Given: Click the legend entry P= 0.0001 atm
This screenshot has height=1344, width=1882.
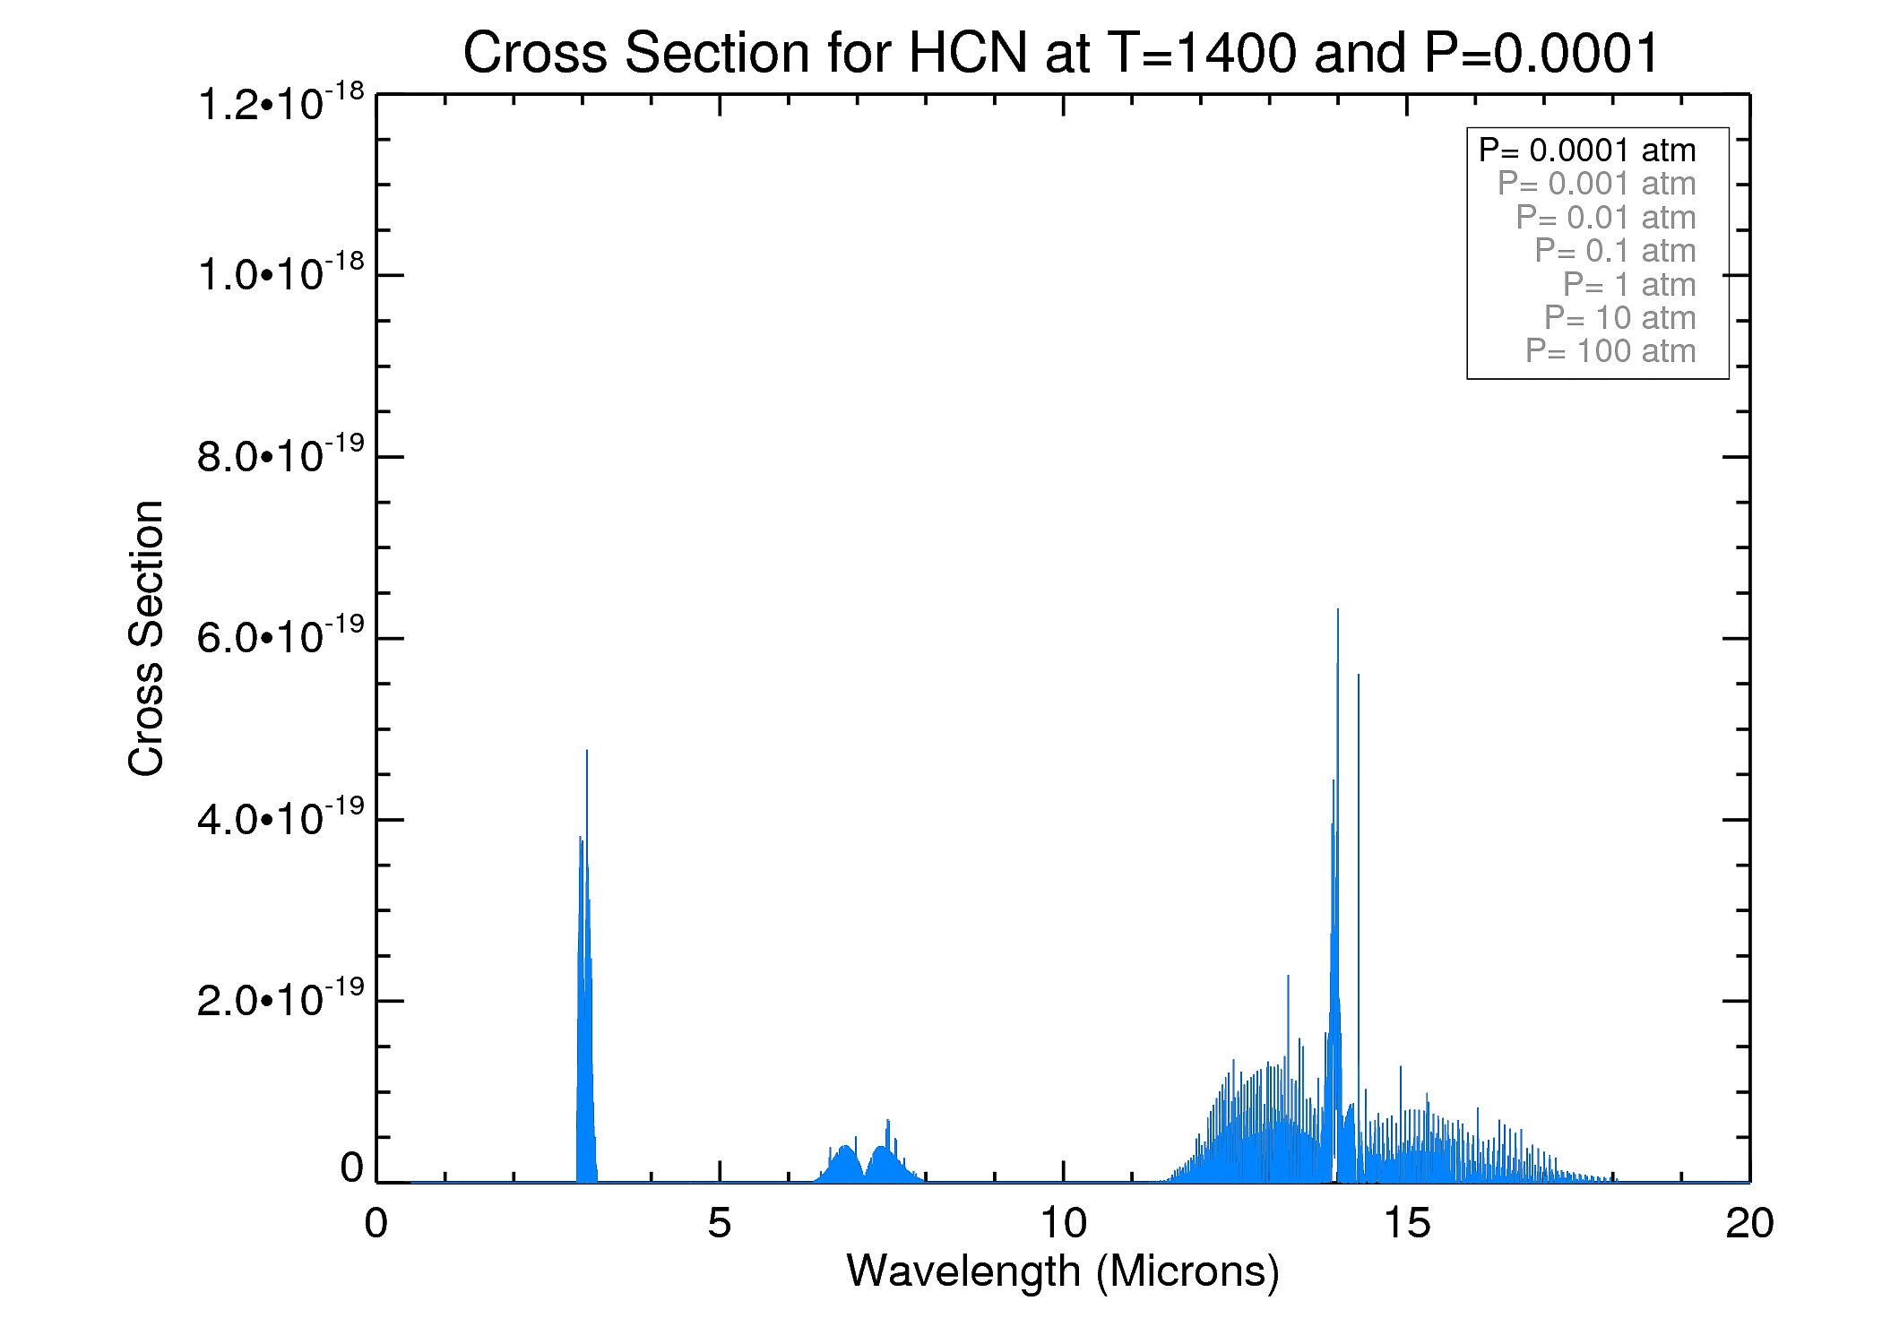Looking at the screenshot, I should click(x=1587, y=151).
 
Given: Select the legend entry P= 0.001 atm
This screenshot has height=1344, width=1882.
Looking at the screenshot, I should click(x=1596, y=184).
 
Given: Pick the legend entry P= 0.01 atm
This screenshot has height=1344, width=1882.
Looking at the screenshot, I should click(x=1605, y=218).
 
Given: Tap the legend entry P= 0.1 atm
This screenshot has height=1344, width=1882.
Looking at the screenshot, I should click(x=1615, y=251).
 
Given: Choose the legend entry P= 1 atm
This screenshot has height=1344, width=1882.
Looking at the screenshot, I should click(x=1629, y=285).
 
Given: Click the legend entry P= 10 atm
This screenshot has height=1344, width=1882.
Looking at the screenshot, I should click(x=1619, y=318).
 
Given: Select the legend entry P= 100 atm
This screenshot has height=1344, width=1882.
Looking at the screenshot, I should click(x=1610, y=351).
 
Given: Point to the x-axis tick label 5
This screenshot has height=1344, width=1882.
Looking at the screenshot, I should click(x=720, y=1224).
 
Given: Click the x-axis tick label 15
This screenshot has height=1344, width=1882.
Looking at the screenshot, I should click(x=1406, y=1224).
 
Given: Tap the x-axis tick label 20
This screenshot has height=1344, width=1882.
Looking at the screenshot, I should click(x=1748, y=1224).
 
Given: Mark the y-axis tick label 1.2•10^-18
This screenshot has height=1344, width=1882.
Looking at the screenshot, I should click(x=281, y=103).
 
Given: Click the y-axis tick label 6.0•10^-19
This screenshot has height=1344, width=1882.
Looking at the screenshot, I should click(x=281, y=636).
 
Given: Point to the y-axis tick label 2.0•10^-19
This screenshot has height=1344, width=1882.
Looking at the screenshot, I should click(x=281, y=999).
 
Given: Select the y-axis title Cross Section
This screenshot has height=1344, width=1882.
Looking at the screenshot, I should click(x=146, y=638).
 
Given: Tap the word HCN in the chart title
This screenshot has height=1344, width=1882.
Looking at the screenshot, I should click(x=968, y=53).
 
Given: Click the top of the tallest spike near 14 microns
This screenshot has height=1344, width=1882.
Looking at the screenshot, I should click(x=1338, y=610).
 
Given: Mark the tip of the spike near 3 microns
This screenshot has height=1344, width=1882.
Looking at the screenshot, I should click(x=587, y=751).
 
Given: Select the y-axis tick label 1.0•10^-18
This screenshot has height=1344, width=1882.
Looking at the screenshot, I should click(x=281, y=273).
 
